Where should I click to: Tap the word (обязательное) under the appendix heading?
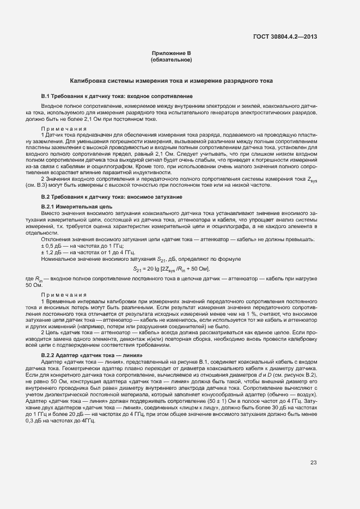[172, 59]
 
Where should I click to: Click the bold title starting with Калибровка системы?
[175, 81]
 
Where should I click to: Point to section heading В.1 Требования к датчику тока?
[117, 96]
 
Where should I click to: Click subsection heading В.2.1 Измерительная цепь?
[77, 207]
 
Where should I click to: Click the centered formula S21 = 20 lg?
[172, 268]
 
